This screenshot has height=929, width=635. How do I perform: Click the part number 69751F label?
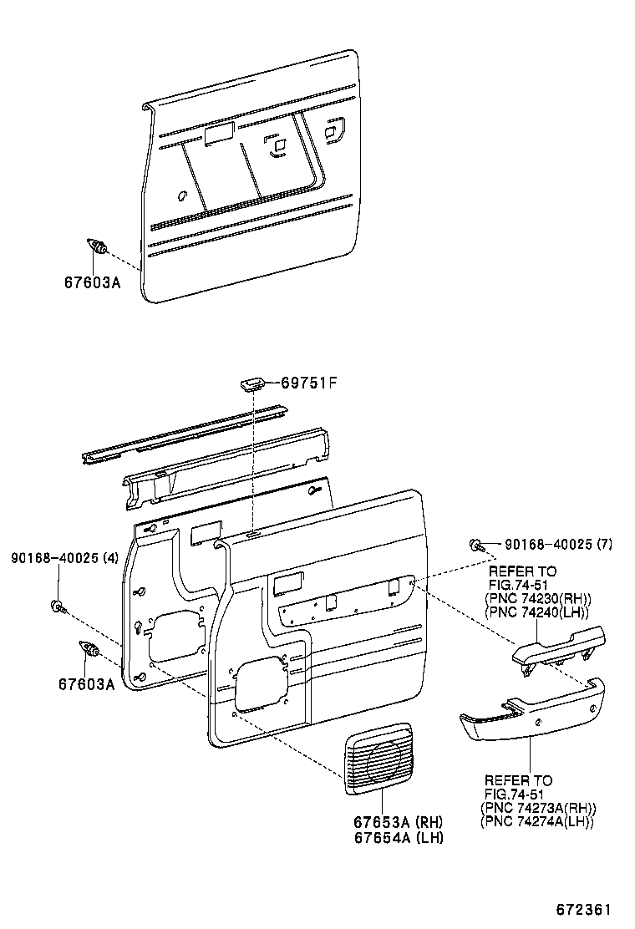coord(308,383)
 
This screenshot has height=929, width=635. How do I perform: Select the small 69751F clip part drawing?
coord(252,383)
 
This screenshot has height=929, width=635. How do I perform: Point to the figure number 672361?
coord(585,908)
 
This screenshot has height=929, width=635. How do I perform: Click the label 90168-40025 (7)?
coord(558,544)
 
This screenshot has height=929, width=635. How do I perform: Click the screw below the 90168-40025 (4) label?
coord(58,605)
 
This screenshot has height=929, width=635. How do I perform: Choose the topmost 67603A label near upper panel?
coord(92,282)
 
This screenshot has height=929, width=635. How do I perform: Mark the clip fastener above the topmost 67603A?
coord(98,247)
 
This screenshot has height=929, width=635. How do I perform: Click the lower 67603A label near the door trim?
coord(86,683)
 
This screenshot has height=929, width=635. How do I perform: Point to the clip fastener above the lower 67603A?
coord(89,649)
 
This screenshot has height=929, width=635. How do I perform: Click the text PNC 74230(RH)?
coord(538,599)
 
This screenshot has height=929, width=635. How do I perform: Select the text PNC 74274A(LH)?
coord(537,821)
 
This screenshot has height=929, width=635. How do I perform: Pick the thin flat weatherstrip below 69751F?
coord(184,435)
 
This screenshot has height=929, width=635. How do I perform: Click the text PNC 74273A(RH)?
coord(538,808)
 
